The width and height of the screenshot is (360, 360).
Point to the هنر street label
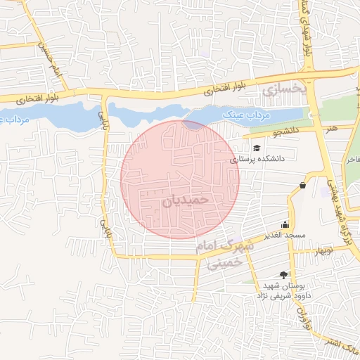[330, 129]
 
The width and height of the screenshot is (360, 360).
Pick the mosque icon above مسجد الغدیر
[284, 224]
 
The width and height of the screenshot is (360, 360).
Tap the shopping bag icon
[302, 185]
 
